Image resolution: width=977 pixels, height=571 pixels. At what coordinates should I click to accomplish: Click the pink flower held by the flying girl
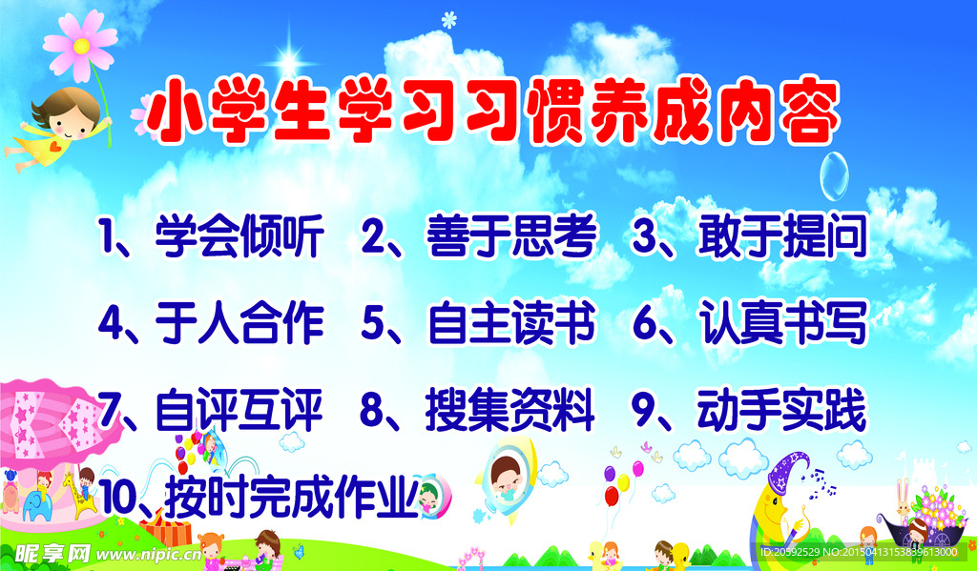click(x=80, y=46)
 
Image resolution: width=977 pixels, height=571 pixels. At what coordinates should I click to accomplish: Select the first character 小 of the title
click(x=176, y=113)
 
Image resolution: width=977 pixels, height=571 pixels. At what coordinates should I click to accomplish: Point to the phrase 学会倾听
click(x=239, y=236)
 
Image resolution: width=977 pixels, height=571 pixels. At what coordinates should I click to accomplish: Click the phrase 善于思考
click(x=511, y=236)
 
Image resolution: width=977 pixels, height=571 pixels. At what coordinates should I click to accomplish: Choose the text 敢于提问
click(x=782, y=236)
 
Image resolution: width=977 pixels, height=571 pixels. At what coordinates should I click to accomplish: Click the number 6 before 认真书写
click(x=646, y=323)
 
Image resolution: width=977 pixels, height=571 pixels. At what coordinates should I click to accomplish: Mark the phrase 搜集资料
click(x=510, y=410)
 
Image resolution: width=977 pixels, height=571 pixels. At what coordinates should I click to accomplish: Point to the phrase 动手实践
click(x=782, y=410)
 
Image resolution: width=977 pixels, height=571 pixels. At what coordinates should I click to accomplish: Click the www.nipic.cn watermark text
click(x=149, y=554)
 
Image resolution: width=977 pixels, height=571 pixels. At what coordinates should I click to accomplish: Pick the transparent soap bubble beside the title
click(x=834, y=176)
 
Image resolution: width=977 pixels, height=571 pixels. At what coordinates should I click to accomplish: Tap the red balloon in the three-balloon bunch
click(x=612, y=497)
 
